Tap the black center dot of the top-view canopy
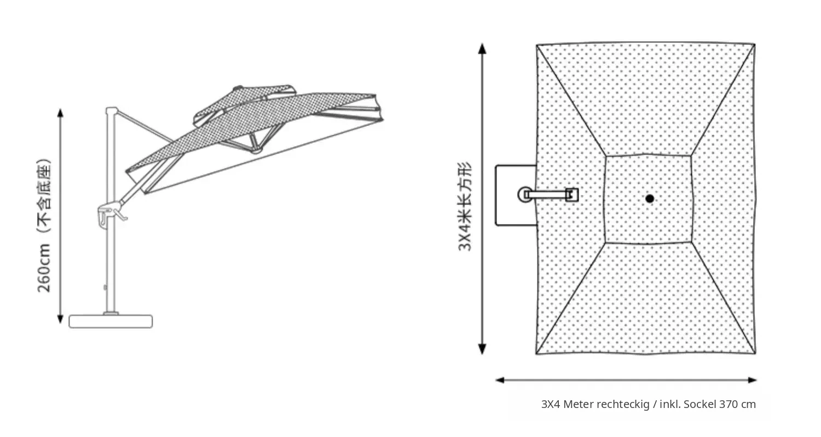tap(650, 199)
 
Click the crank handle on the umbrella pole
tap(119, 215)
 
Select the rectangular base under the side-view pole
tap(111, 321)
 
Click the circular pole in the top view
tap(525, 194)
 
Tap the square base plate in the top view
tap(516, 195)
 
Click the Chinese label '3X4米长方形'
tap(464, 206)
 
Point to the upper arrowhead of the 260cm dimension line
tap(60, 113)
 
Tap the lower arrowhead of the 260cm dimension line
tap(60, 319)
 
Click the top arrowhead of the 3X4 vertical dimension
tap(482, 48)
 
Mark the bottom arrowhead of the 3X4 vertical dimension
tap(482, 349)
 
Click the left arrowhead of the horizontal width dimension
tap(500, 380)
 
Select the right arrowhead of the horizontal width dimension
tap(753, 380)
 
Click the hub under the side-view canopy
tap(256, 150)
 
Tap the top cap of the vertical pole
tap(112, 111)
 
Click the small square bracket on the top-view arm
tap(572, 194)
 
